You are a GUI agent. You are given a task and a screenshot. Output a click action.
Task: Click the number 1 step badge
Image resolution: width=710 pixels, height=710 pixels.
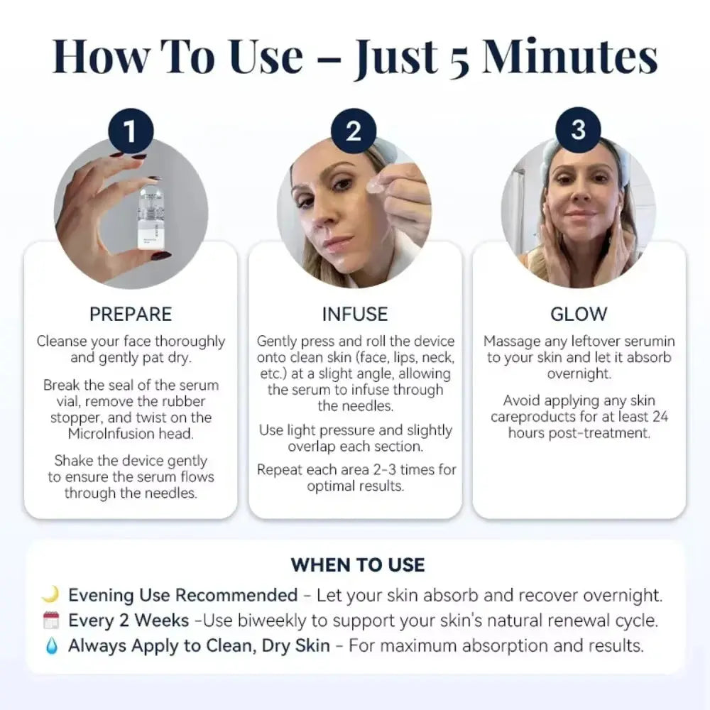(131, 131)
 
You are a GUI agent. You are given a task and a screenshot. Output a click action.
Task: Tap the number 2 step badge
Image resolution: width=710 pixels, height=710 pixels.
(354, 131)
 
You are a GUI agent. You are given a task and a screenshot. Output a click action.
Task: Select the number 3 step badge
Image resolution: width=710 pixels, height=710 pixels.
(578, 130)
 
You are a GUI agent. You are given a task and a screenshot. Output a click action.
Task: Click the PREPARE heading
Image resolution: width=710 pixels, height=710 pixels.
(131, 315)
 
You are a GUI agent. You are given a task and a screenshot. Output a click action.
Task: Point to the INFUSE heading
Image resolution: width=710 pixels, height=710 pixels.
(355, 315)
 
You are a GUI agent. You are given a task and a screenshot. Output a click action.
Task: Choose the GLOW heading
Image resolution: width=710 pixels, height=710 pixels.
(579, 315)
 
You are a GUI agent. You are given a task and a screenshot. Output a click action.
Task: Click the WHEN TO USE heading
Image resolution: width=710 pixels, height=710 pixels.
(358, 564)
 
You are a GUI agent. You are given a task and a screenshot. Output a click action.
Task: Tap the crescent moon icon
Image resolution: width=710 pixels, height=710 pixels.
(51, 594)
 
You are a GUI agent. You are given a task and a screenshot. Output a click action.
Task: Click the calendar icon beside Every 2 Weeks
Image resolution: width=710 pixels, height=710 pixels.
(51, 620)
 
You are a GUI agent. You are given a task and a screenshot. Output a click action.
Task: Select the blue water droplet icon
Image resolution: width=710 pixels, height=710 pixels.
(52, 645)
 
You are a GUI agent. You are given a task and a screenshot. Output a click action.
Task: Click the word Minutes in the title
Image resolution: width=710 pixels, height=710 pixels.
(569, 57)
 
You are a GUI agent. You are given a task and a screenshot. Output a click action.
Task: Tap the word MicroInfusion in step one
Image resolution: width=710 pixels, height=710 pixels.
(111, 434)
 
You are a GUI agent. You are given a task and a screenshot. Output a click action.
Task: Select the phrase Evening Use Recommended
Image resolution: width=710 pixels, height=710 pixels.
(183, 595)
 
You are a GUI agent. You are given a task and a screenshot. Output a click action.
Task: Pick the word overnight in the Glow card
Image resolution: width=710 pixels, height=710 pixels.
(579, 373)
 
